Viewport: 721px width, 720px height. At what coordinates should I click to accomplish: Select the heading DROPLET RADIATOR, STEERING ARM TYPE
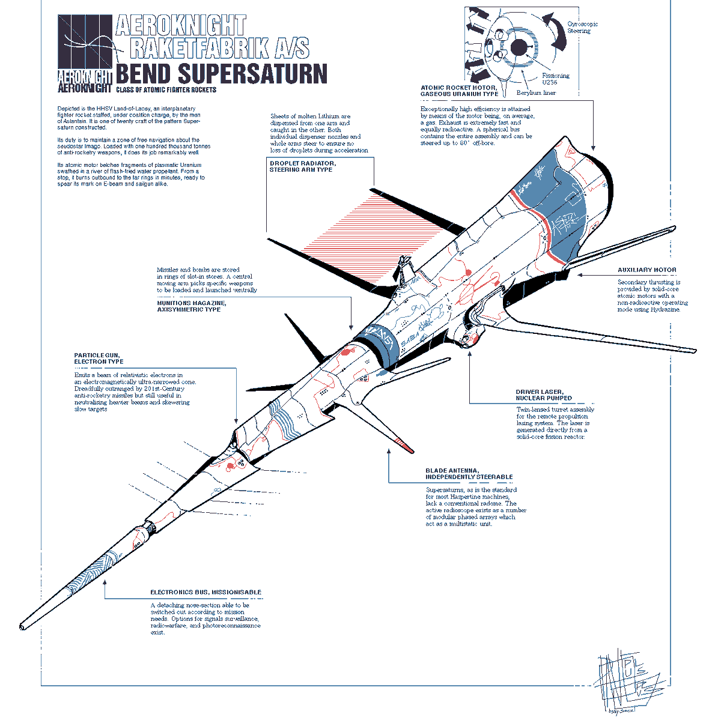tap(302, 166)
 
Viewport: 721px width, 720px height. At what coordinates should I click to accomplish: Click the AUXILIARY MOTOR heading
tap(646, 270)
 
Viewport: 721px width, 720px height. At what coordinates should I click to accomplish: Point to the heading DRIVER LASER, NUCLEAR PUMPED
tap(544, 395)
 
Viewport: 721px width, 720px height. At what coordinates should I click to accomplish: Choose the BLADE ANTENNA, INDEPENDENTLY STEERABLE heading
tap(469, 474)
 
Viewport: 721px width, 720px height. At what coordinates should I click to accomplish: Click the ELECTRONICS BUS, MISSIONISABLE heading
tap(205, 592)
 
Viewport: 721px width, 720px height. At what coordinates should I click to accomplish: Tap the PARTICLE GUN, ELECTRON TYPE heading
tap(99, 358)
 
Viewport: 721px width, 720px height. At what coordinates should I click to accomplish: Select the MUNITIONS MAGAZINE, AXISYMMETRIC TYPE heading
tap(192, 306)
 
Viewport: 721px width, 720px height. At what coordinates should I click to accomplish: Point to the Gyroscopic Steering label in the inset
tap(582, 27)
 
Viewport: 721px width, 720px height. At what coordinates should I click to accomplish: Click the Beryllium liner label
tap(536, 93)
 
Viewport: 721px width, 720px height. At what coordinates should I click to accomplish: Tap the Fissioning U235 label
tap(555, 79)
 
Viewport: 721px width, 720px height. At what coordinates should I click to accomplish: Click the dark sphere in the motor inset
tap(519, 48)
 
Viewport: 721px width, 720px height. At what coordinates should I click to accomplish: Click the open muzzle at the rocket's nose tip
tap(23, 627)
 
